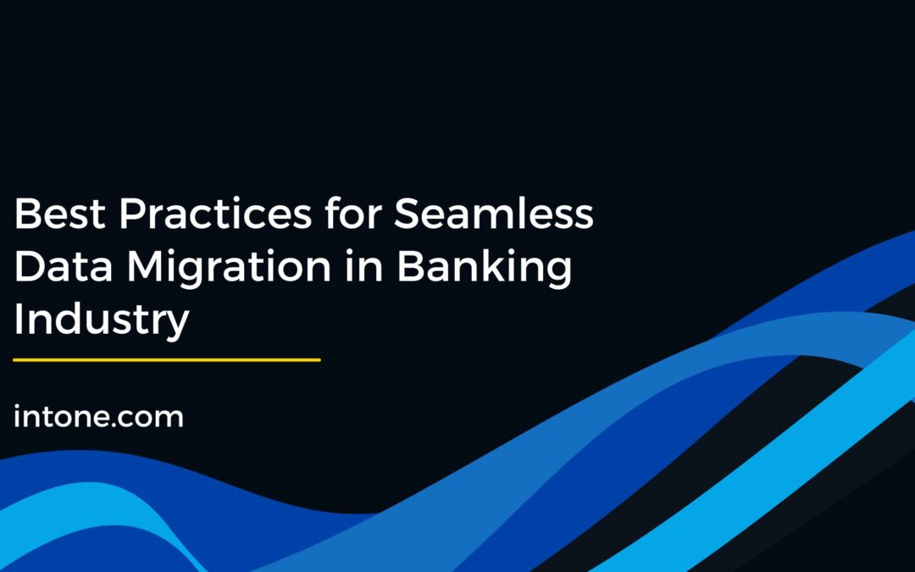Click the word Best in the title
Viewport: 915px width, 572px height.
click(58, 215)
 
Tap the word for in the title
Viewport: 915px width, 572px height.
click(355, 215)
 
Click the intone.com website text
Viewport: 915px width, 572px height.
click(98, 416)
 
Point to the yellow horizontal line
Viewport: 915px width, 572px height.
click(167, 360)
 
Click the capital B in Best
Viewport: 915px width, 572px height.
click(26, 215)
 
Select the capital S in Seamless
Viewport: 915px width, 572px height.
click(409, 215)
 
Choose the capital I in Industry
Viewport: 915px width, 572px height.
click(19, 320)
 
